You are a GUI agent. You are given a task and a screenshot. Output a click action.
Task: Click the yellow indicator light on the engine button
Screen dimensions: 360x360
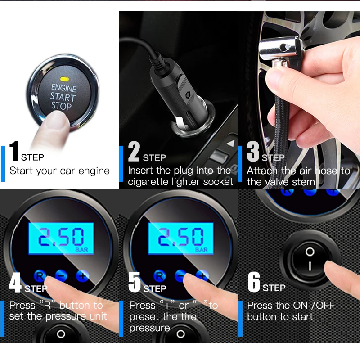[64, 80]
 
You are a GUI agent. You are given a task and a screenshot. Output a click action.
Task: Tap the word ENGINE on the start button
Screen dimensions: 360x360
[63, 88]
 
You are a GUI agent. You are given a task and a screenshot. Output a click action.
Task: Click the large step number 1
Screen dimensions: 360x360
[14, 151]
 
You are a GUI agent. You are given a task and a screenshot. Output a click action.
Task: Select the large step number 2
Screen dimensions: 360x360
[134, 151]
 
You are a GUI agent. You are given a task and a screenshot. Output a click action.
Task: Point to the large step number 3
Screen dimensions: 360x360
[253, 151]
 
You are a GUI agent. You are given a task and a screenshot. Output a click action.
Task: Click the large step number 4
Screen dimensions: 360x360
[15, 282]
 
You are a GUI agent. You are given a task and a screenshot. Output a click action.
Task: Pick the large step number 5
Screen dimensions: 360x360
[135, 282]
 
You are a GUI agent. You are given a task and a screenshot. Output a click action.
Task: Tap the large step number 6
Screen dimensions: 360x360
[254, 282]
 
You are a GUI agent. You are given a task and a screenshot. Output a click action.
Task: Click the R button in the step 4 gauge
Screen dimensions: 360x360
[40, 276]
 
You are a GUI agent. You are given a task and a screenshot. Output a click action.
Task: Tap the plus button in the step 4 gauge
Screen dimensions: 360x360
[82, 275]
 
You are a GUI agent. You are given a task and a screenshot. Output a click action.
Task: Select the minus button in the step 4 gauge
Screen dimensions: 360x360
[61, 275]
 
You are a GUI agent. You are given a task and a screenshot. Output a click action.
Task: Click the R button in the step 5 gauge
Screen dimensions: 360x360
[160, 276]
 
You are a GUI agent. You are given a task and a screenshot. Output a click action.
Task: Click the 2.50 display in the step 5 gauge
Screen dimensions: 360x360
[181, 238]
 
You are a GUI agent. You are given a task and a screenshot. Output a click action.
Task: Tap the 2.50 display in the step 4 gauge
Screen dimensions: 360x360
[61, 238]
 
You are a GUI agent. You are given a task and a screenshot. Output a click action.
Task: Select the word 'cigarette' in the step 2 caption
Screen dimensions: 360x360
[148, 182]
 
